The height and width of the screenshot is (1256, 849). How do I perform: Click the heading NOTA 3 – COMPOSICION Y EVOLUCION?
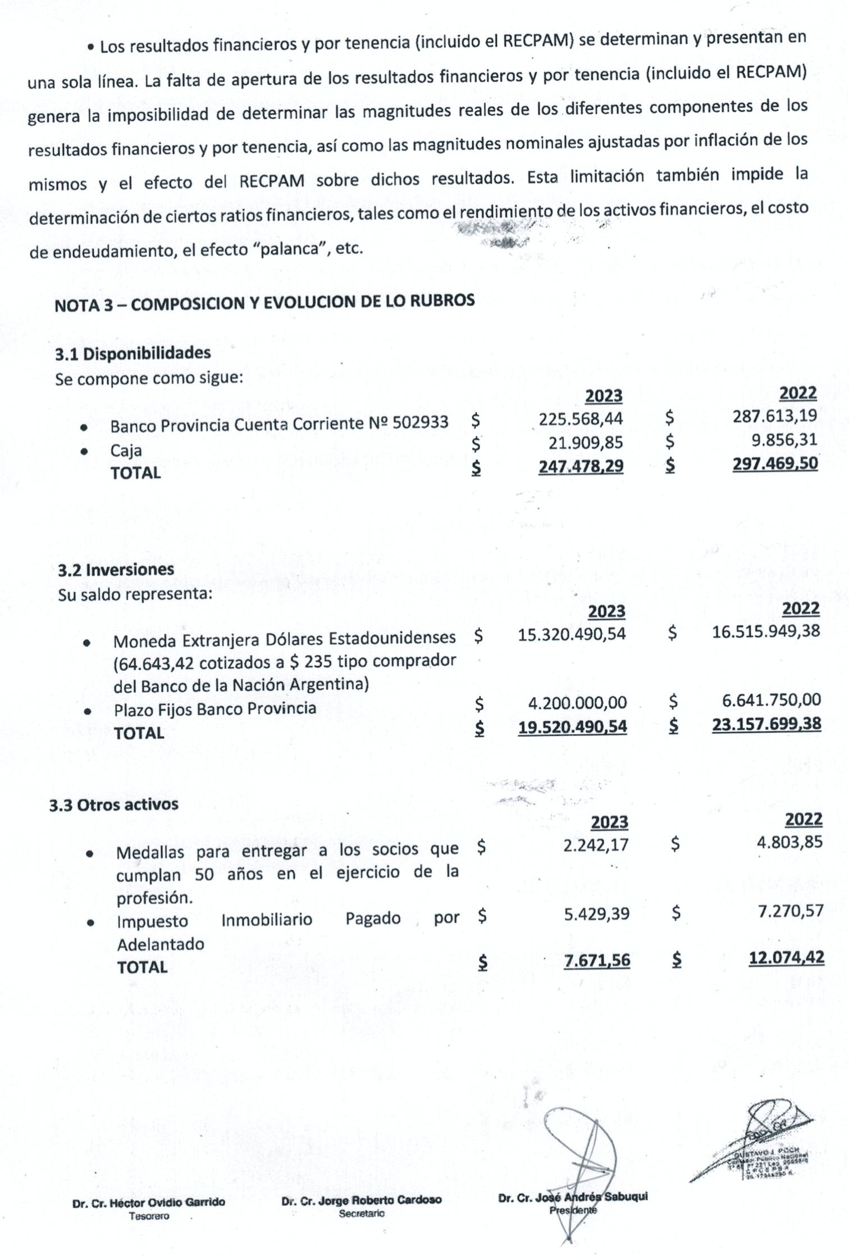264,302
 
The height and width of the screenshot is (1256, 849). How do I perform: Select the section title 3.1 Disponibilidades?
133,354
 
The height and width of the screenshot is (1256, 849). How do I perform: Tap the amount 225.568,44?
581,418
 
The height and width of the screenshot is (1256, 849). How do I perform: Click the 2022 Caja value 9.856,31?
784,439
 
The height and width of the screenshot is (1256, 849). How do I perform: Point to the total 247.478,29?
581,466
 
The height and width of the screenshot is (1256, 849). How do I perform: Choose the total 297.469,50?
775,463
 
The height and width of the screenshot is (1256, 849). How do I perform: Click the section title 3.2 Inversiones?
116,570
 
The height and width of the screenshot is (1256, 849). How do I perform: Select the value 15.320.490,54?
572,634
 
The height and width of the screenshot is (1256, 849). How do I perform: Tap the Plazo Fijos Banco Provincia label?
215,708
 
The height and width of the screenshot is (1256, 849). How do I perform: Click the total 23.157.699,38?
766,724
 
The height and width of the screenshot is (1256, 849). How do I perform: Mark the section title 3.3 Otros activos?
113,804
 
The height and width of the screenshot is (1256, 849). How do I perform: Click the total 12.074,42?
787,958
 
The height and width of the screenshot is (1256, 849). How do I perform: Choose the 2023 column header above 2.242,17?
609,822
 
